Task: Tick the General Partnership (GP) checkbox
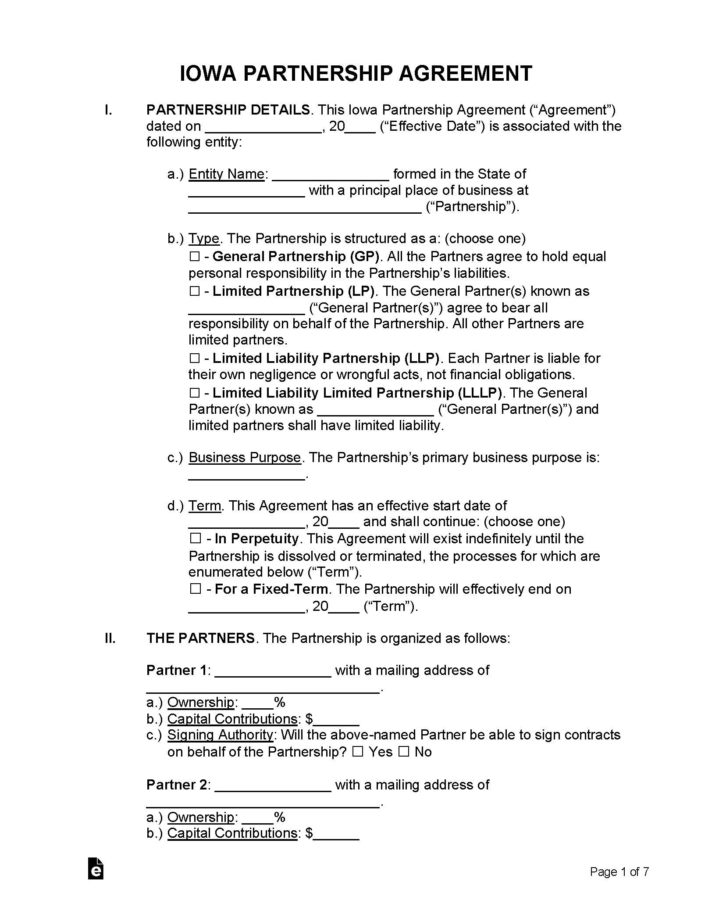(x=195, y=257)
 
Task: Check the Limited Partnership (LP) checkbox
(x=195, y=291)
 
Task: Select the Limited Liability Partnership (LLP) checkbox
(x=195, y=359)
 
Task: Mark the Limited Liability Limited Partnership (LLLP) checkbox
(x=195, y=393)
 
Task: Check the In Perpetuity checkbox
(x=196, y=539)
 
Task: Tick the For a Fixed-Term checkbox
(x=196, y=589)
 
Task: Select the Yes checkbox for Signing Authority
(x=358, y=752)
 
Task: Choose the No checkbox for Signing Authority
(x=404, y=752)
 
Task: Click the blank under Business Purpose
(x=246, y=476)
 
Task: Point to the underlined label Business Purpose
(x=245, y=458)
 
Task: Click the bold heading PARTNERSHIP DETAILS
(x=228, y=110)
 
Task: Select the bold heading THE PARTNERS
(x=200, y=638)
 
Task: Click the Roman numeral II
(x=110, y=638)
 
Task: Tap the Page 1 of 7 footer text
(x=619, y=872)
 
